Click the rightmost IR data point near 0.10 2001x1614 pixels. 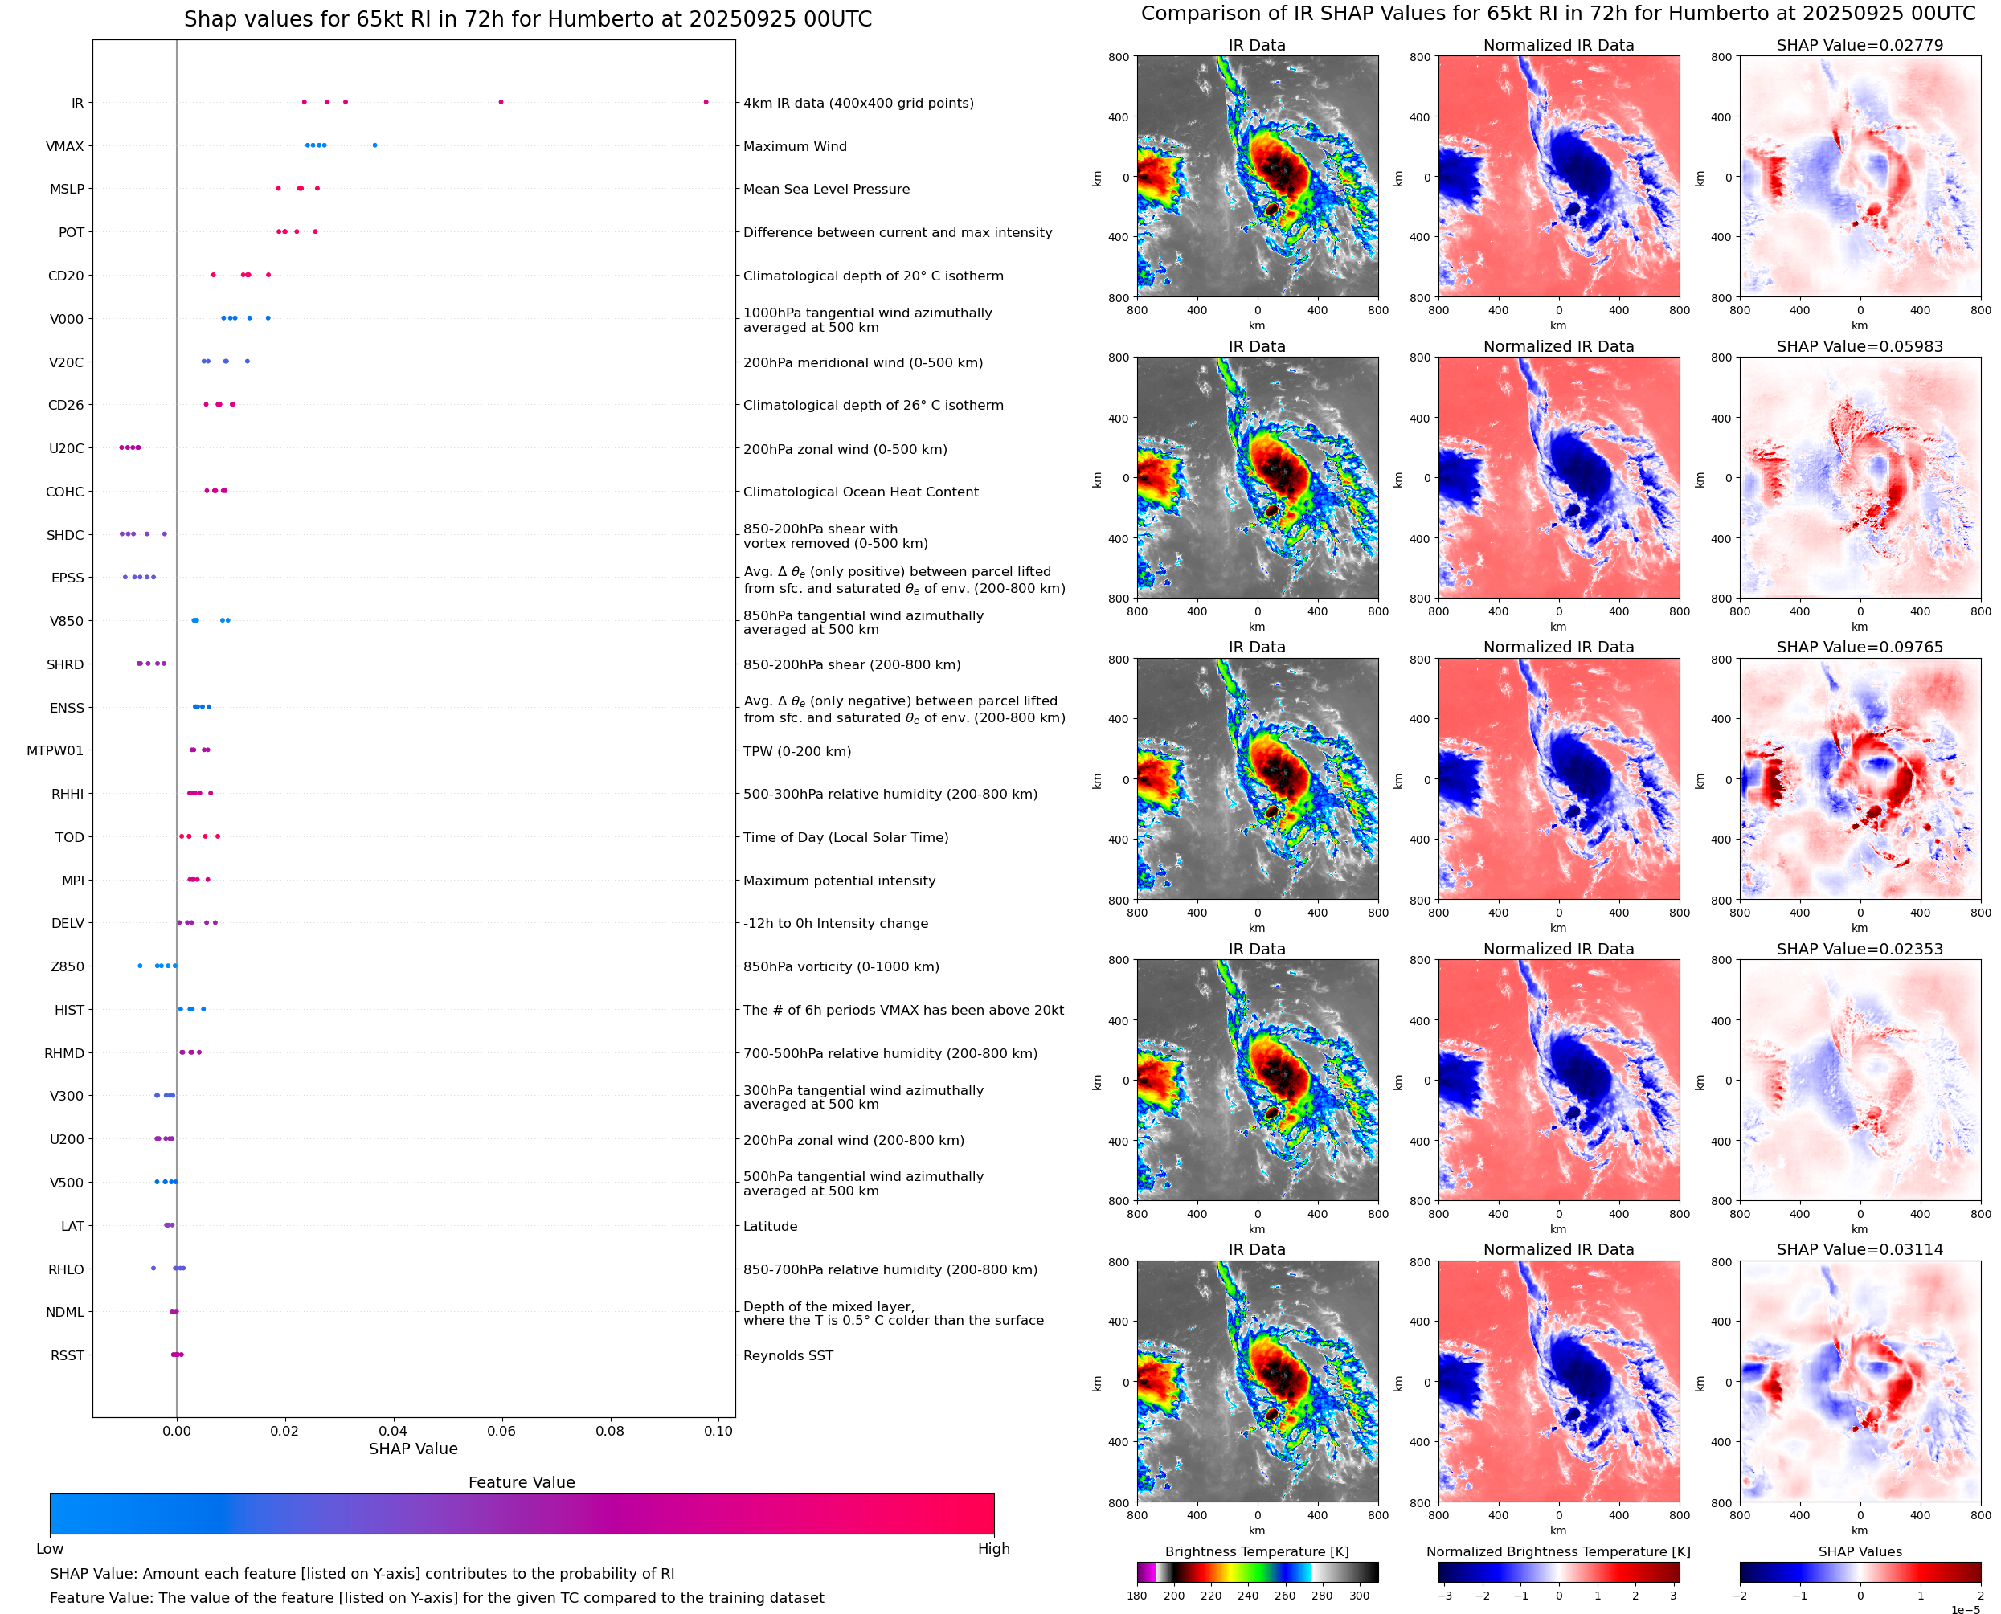tap(706, 102)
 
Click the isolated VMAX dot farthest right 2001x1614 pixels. tap(374, 145)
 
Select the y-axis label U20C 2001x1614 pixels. tap(66, 448)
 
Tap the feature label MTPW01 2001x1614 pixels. tap(55, 750)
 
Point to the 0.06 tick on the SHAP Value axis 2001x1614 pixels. tap(501, 1431)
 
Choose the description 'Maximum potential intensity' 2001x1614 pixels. tap(839, 881)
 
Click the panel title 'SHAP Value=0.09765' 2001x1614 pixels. tap(1859, 647)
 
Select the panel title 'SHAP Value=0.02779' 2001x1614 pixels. tap(1859, 45)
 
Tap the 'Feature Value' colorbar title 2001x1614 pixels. tap(522, 1482)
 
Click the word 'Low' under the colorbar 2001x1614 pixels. tap(49, 1549)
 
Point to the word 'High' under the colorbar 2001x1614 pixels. tap(993, 1549)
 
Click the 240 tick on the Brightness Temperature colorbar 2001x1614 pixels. tap(1248, 1596)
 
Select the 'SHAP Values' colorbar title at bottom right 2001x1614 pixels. tap(1860, 1551)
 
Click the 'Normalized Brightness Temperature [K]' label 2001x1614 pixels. tap(1558, 1551)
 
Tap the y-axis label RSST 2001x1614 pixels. tap(67, 1355)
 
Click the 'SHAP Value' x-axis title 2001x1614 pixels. tap(413, 1449)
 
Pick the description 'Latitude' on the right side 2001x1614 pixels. tap(770, 1226)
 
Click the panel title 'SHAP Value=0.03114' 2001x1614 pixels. tap(1859, 1249)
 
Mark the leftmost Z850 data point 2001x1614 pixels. tap(141, 966)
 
